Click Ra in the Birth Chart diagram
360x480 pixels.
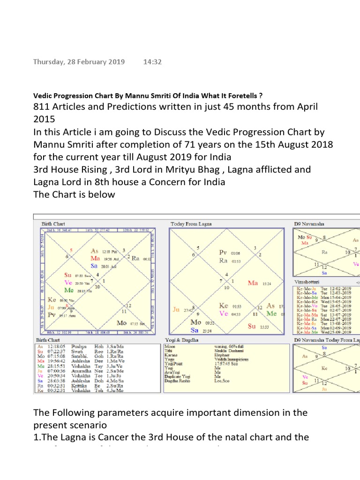point(136,258)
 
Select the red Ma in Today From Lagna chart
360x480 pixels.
point(253,283)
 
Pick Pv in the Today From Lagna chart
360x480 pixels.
point(223,252)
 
